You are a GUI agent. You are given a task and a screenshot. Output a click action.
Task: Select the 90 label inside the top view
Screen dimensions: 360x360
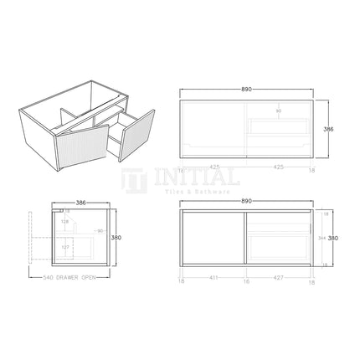[x=278, y=110]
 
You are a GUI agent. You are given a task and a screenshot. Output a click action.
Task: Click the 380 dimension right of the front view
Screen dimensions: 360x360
[x=333, y=237]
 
